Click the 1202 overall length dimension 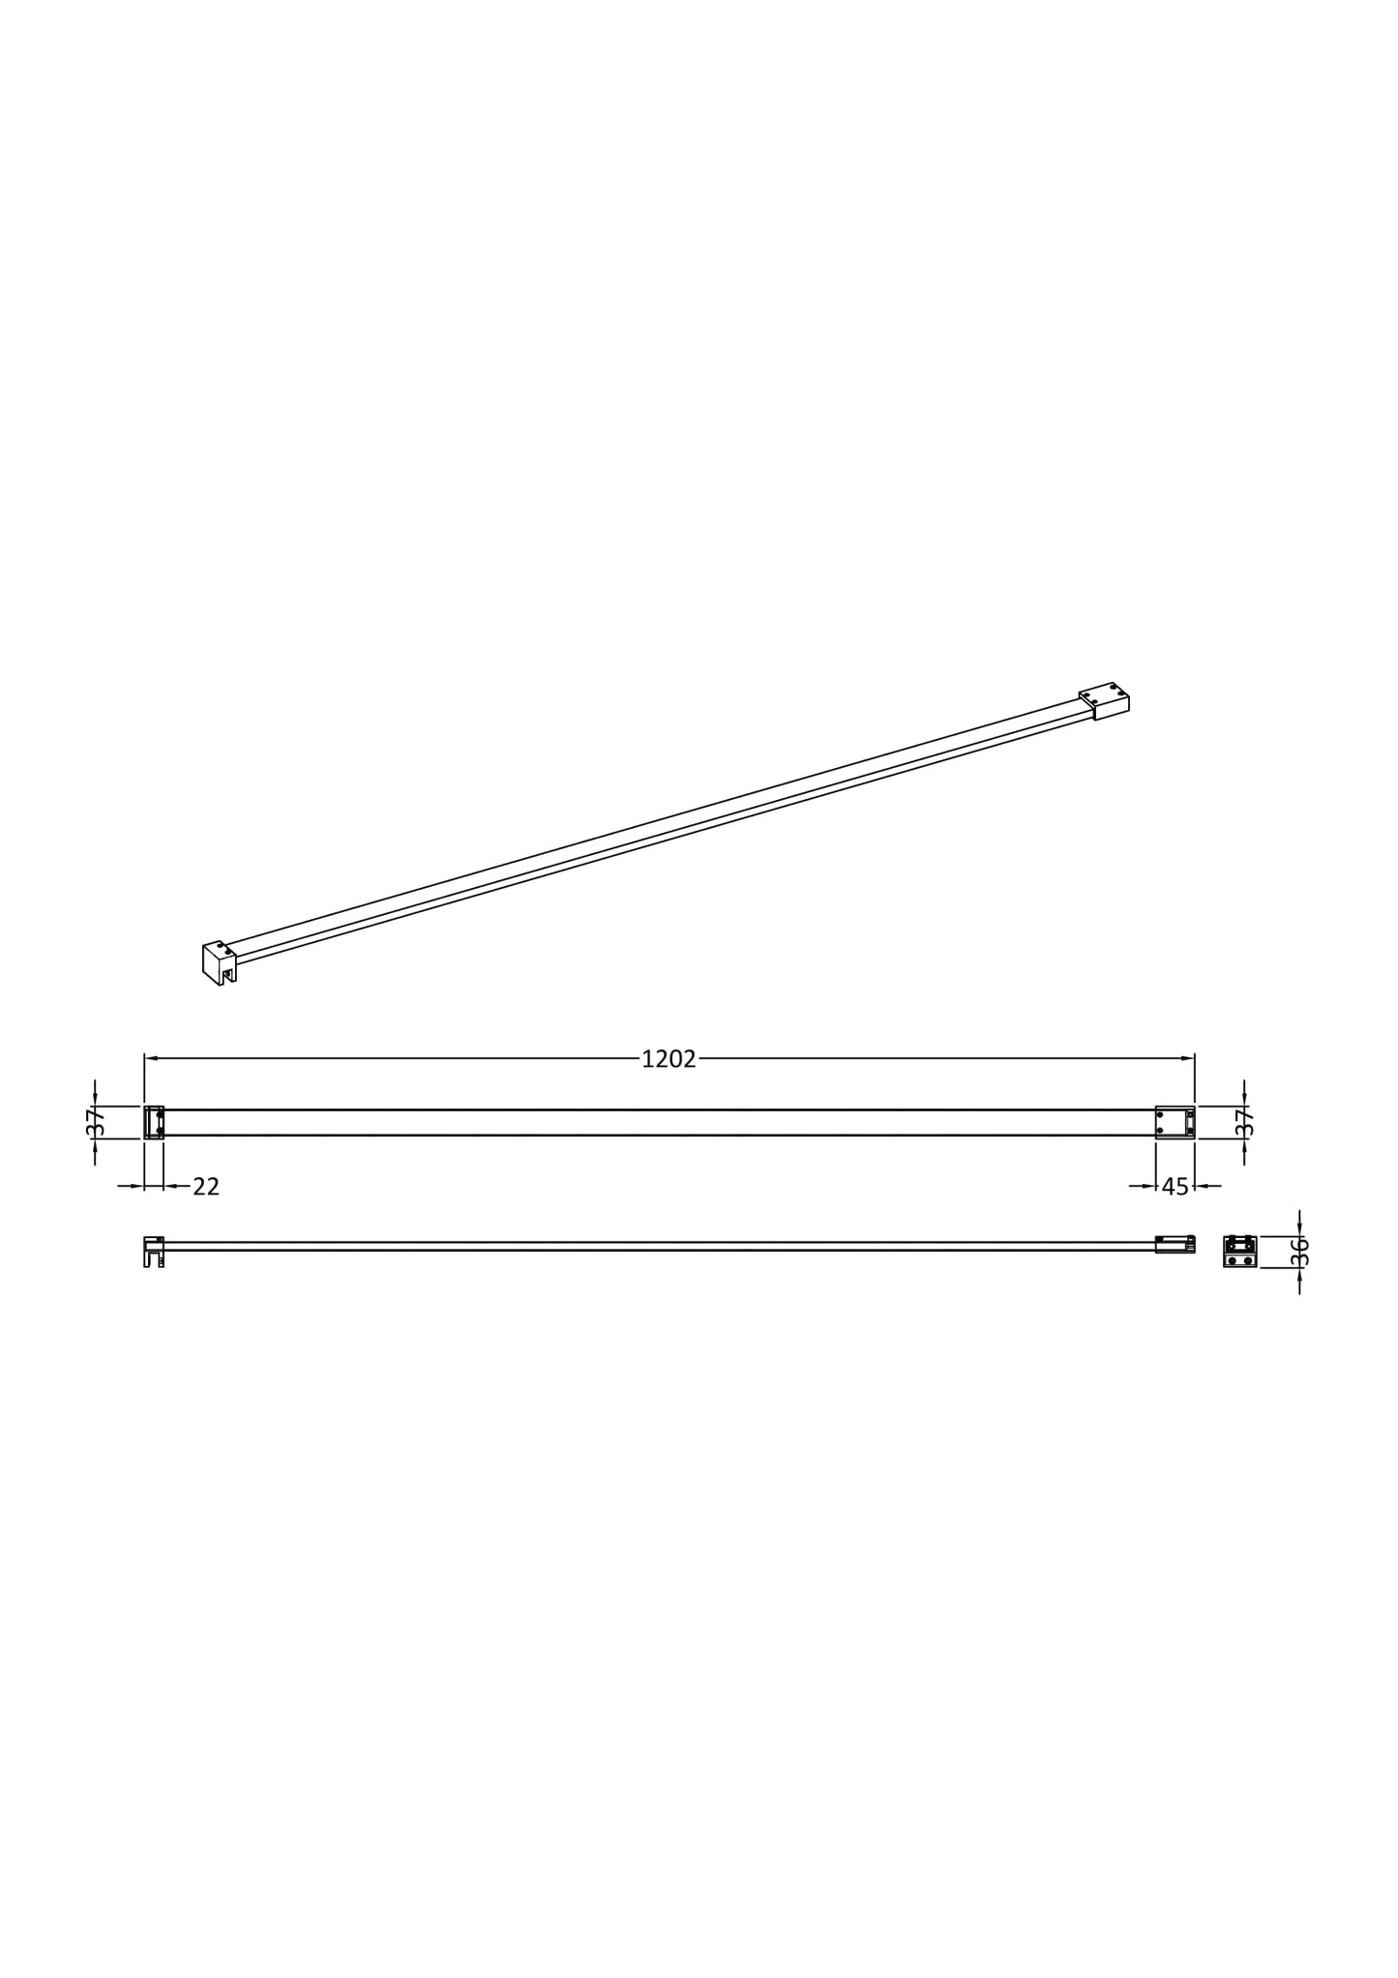pos(669,1059)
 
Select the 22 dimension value pos(206,1187)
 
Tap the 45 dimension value pos(1175,1187)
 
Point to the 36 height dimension pos(1299,1252)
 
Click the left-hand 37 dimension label pos(95,1122)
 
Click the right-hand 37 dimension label pos(1244,1122)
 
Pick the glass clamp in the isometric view pos(219,962)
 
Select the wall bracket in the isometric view pos(1105,700)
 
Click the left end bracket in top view pos(154,1122)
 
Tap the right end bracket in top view pos(1175,1122)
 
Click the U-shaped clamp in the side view pos(153,1252)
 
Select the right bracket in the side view pos(1175,1245)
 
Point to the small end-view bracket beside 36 pos(1239,1252)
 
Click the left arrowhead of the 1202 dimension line pos(151,1058)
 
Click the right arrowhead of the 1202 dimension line pos(1188,1058)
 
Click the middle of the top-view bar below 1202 pos(668,1122)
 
